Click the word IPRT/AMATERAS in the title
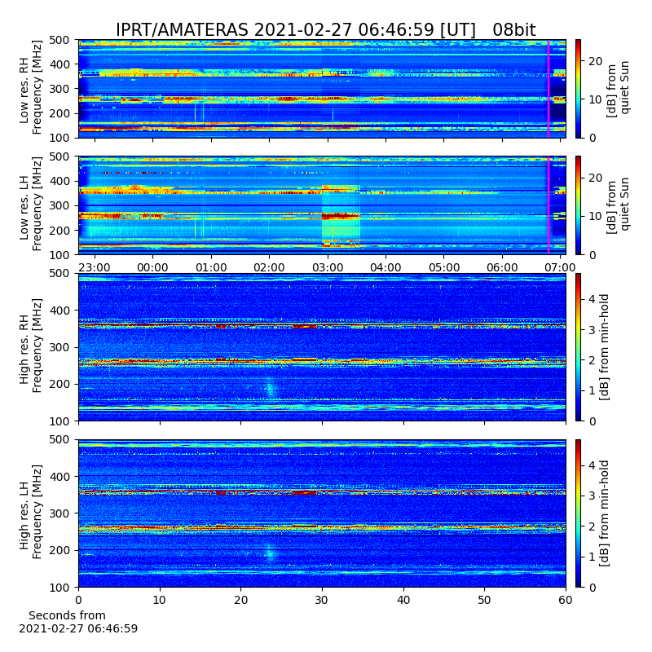[x=182, y=30]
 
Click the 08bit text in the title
[x=514, y=30]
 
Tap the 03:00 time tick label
[x=328, y=267]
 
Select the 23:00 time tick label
[x=95, y=267]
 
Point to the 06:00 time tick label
[x=502, y=267]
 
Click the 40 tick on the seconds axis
[x=403, y=600]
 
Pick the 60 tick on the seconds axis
[x=566, y=600]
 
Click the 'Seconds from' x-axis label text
[x=67, y=615]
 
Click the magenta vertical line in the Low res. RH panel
[x=548, y=89]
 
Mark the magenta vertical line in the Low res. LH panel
[x=548, y=205]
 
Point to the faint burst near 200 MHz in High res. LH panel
[x=270, y=553]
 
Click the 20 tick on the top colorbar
[x=596, y=61]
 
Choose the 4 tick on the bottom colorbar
[x=593, y=465]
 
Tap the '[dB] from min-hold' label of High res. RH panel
[x=604, y=347]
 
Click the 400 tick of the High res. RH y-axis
[x=62, y=311]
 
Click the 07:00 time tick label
[x=560, y=267]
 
